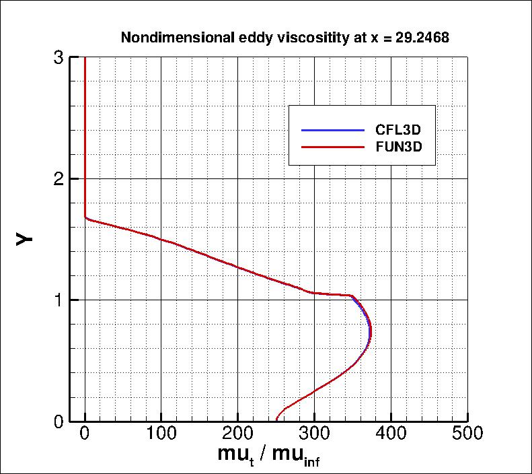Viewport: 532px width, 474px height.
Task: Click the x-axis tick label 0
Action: click(x=85, y=435)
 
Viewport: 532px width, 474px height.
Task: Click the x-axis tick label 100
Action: click(x=161, y=435)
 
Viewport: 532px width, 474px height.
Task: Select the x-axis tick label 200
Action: click(x=237, y=435)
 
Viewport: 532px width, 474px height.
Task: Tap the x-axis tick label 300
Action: click(x=314, y=435)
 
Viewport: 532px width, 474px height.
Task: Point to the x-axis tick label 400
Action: click(x=391, y=435)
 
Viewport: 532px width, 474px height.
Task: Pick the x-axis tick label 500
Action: click(x=467, y=435)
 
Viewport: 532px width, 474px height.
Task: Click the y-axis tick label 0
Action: click(x=59, y=421)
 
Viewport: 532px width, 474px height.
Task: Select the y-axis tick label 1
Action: click(x=59, y=300)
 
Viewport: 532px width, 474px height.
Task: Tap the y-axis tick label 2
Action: click(x=59, y=178)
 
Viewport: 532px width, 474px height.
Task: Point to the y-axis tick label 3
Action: click(x=59, y=58)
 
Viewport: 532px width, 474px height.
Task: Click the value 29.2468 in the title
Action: click(x=420, y=38)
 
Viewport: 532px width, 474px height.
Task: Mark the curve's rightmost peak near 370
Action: click(x=370, y=333)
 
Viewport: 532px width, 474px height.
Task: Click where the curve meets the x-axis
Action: click(x=276, y=420)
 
